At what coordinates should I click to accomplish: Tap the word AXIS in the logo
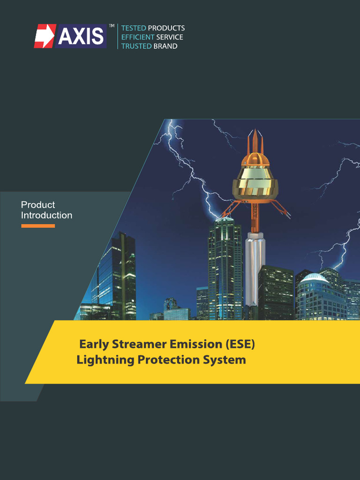[x=81, y=37]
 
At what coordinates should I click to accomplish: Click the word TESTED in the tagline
[x=134, y=28]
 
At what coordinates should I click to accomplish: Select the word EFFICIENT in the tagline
[x=138, y=37]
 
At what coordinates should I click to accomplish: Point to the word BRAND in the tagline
[x=165, y=46]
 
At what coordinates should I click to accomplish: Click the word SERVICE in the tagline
[x=170, y=37]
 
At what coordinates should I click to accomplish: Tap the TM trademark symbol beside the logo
[x=112, y=26]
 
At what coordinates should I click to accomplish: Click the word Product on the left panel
[x=38, y=205]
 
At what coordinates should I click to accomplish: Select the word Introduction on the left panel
[x=46, y=216]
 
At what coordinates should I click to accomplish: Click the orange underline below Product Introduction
[x=38, y=226]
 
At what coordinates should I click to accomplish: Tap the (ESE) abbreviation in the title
[x=240, y=345]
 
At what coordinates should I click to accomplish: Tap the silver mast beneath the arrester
[x=255, y=267]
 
